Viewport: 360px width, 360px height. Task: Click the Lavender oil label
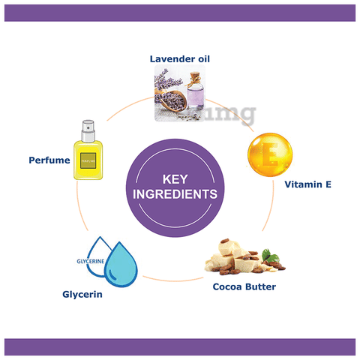[x=180, y=59]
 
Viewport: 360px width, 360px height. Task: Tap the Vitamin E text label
[x=308, y=184]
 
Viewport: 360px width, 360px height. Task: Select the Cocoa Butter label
[x=244, y=286]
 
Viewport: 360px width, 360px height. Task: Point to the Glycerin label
[x=82, y=295]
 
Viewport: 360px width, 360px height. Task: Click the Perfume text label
[x=49, y=160]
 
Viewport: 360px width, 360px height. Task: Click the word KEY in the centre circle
[x=175, y=179]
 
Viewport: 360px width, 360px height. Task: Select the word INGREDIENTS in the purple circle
[x=175, y=194]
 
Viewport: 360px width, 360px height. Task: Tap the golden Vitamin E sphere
[x=270, y=155]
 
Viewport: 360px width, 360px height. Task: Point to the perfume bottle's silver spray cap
[x=88, y=131]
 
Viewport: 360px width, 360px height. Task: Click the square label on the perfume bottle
[x=88, y=160]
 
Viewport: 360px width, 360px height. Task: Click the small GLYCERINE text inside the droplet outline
[x=91, y=261]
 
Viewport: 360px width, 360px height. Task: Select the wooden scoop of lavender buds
[x=171, y=99]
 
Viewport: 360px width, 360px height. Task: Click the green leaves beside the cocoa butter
[x=270, y=256]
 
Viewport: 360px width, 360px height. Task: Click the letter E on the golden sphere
[x=270, y=154]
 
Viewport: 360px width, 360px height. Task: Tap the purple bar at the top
[x=180, y=13]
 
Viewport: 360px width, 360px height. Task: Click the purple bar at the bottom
[x=180, y=347]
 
